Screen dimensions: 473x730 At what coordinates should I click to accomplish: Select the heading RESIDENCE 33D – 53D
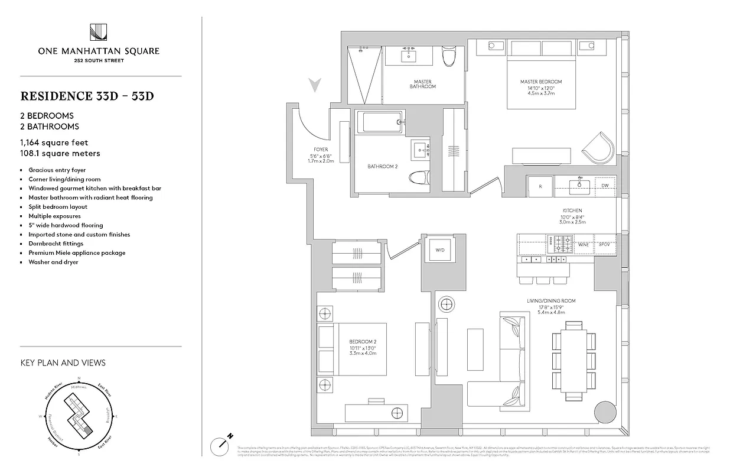[x=87, y=96]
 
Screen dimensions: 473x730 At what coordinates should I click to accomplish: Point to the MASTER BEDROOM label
[x=540, y=82]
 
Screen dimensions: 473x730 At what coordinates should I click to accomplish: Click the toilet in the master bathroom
[x=449, y=57]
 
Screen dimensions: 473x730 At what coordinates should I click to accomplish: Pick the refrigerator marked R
[x=540, y=186]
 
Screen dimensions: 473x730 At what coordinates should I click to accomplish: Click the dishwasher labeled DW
[x=604, y=186]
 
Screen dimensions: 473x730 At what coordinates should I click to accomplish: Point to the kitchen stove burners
[x=560, y=243]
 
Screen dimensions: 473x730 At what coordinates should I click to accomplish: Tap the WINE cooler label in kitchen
[x=584, y=244]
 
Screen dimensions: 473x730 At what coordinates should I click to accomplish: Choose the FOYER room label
[x=321, y=150]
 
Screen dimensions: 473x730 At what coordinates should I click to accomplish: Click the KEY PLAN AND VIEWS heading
[x=63, y=362]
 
